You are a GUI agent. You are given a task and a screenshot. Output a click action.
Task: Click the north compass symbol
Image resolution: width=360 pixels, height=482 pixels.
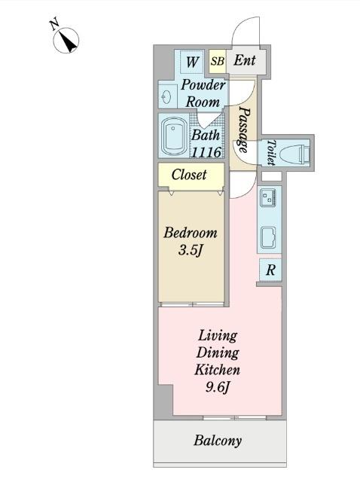pos(66,40)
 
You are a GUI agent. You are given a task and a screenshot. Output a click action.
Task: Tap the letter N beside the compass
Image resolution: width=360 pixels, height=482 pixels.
pos(55,25)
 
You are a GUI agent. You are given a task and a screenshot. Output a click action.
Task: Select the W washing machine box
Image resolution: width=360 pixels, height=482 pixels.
pos(192,62)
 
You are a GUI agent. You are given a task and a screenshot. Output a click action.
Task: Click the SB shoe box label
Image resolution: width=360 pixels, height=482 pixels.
pos(218,61)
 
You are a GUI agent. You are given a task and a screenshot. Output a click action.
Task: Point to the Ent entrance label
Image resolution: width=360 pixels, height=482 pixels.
pos(245,60)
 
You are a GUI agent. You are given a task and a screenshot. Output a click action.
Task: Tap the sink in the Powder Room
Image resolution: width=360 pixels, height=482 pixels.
pos(167,97)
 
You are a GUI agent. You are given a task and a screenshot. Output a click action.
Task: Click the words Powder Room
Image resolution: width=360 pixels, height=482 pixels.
pos(203,93)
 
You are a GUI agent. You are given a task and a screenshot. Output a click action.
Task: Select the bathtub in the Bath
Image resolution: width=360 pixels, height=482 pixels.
pos(174,136)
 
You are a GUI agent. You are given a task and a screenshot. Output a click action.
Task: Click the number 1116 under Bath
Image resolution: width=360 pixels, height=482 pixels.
pos(206,152)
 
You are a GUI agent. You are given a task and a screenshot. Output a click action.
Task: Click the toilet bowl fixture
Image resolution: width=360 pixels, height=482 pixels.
pos(295,152)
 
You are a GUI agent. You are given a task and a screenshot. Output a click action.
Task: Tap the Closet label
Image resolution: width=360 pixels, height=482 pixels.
pos(189,175)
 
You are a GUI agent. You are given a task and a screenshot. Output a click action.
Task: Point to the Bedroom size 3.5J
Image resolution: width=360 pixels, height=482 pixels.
pos(191,251)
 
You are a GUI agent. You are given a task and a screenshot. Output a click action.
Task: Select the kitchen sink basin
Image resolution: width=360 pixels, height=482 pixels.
pos(268,237)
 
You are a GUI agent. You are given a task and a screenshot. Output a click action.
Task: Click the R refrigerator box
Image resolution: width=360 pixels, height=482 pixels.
pos(270,270)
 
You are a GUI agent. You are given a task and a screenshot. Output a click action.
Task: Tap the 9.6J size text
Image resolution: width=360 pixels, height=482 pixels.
pos(218,386)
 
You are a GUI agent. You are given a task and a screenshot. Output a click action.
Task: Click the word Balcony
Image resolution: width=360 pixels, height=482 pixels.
pos(218,441)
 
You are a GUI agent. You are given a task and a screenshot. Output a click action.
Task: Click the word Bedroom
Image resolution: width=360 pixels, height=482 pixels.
pos(191,233)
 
